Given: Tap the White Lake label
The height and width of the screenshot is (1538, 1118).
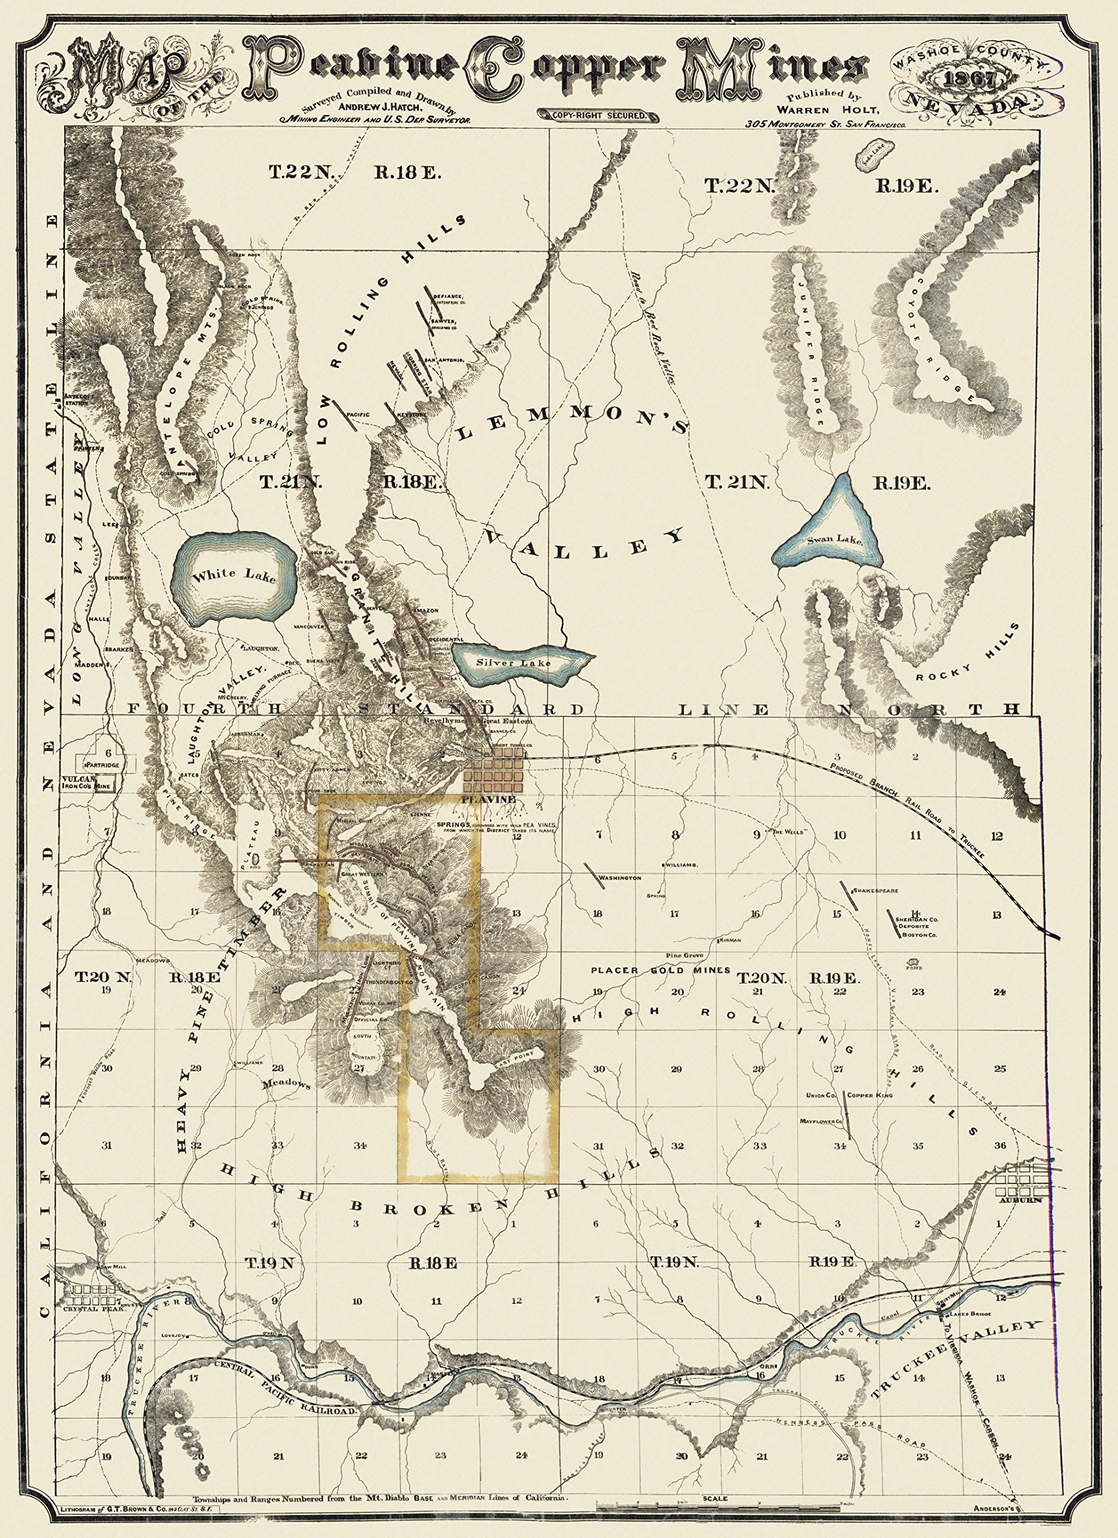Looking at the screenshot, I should point(234,576).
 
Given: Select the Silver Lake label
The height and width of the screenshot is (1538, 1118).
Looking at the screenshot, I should point(513,663).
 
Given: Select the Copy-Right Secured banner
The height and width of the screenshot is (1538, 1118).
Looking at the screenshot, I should point(596,115).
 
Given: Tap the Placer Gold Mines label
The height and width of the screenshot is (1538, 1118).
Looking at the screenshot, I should point(659,970).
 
